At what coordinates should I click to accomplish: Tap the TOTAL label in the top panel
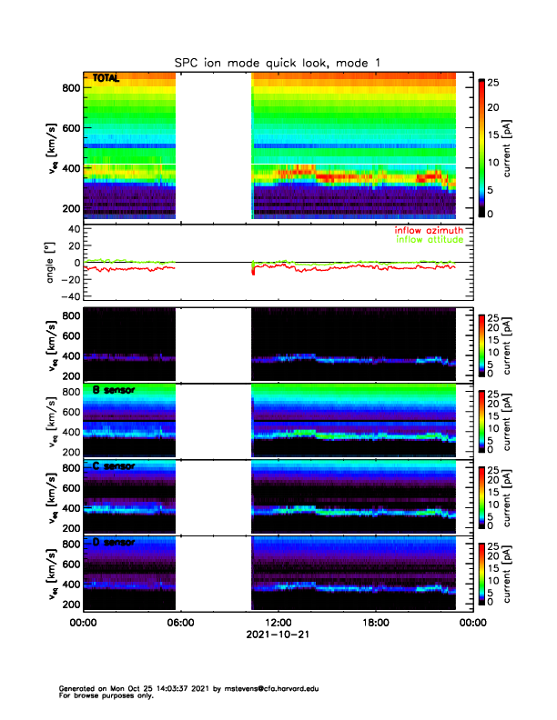[x=106, y=79]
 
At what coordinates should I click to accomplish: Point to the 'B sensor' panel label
[x=114, y=391]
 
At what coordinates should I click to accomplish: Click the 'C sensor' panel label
[x=114, y=466]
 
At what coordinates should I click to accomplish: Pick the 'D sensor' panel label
[x=114, y=543]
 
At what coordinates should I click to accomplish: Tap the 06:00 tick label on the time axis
[x=180, y=623]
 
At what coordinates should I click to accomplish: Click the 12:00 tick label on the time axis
[x=278, y=623]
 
